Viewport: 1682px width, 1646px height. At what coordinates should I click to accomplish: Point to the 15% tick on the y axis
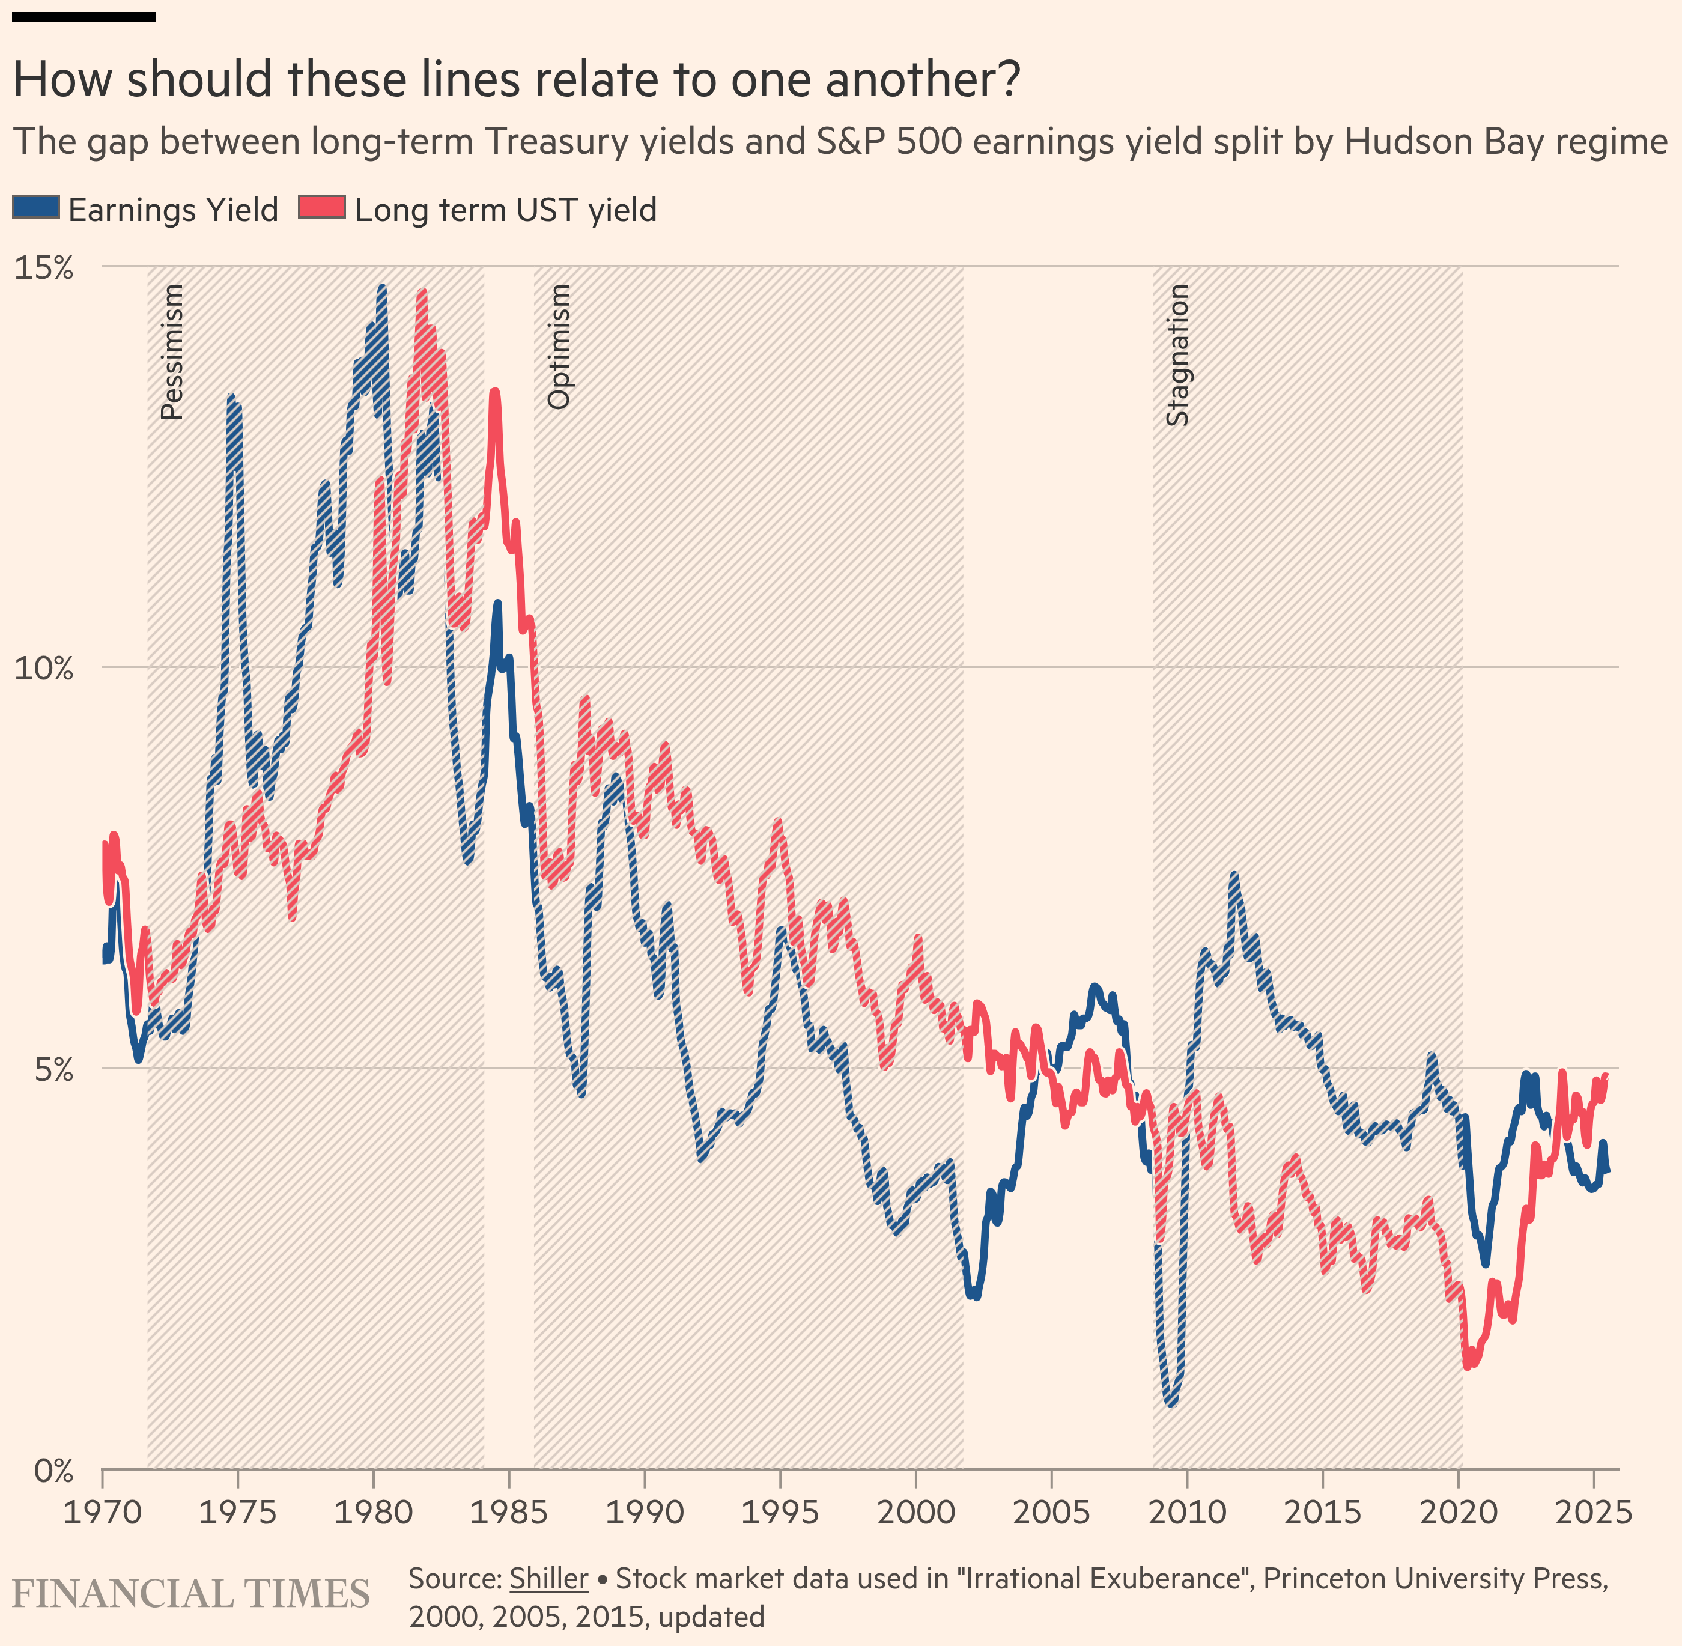click(44, 268)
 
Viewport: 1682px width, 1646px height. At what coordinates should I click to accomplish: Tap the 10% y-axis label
click(44, 668)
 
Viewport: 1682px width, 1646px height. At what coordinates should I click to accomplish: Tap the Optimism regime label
click(559, 347)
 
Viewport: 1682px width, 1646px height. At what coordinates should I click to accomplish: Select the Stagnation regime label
click(1178, 355)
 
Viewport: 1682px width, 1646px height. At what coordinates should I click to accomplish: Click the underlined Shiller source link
click(549, 1579)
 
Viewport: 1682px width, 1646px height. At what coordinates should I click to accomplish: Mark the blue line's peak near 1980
click(381, 287)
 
